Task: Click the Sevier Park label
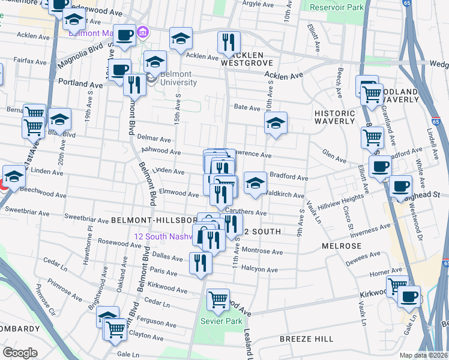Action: pyautogui.click(x=221, y=322)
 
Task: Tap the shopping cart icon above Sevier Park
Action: pyautogui.click(x=218, y=298)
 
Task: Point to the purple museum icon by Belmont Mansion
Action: pyautogui.click(x=143, y=32)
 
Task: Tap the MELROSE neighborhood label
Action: pyautogui.click(x=342, y=246)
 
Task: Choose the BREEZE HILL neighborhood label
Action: pyautogui.click(x=303, y=339)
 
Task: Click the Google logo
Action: pyautogui.click(x=20, y=353)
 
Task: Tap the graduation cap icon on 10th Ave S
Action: pyautogui.click(x=275, y=123)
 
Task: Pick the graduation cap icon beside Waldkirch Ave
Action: pyautogui.click(x=255, y=183)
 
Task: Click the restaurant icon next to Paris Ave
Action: pyautogui.click(x=200, y=262)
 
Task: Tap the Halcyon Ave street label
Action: pyautogui.click(x=260, y=270)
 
